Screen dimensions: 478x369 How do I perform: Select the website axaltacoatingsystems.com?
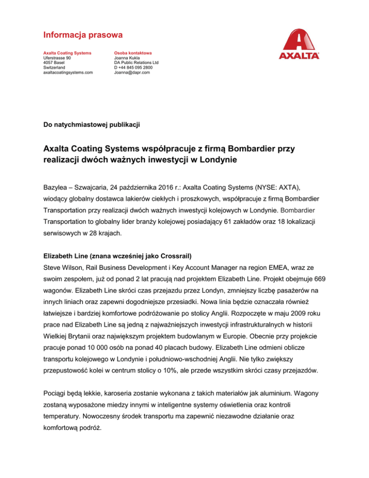click(x=68, y=73)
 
